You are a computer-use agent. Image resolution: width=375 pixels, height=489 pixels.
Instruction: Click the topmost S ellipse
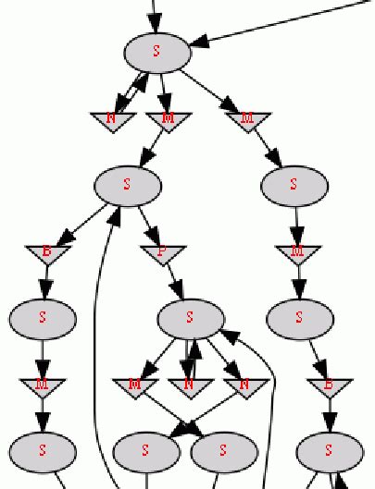click(156, 52)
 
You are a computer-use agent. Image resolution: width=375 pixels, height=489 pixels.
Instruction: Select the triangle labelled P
click(164, 252)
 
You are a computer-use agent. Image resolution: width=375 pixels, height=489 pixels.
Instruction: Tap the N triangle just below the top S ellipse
click(112, 120)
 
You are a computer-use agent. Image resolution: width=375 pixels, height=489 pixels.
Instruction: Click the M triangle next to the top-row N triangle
click(168, 120)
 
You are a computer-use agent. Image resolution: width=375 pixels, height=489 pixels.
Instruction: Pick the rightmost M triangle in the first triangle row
click(247, 120)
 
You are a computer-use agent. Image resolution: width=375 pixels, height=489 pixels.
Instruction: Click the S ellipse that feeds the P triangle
click(128, 185)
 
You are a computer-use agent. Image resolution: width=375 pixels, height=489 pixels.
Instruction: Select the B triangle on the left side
click(47, 252)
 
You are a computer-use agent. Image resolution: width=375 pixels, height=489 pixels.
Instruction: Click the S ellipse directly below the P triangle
click(191, 318)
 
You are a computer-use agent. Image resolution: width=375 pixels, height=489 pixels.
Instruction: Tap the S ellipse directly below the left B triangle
click(43, 318)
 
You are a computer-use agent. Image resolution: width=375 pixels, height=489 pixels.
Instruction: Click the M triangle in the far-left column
click(43, 385)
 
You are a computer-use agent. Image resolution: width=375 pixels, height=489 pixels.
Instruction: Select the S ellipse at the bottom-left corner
click(43, 451)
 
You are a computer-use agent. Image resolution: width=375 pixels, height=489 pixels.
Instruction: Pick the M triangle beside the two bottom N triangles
click(136, 385)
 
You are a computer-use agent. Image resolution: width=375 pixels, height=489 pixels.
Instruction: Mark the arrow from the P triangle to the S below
click(175, 282)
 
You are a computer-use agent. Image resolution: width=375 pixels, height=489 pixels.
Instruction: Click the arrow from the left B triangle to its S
click(44, 282)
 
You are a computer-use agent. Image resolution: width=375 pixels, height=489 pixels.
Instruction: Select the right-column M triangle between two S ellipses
click(297, 252)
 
